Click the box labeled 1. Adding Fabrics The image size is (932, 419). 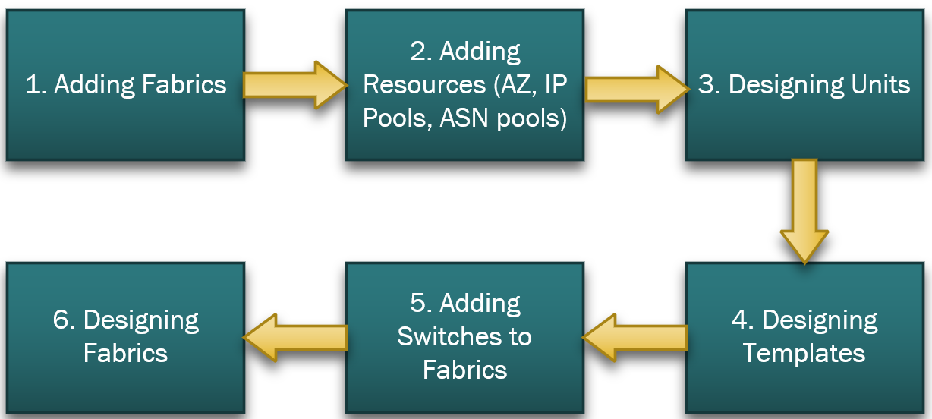tap(125, 85)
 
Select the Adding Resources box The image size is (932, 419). tap(464, 85)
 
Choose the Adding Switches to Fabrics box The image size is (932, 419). tap(464, 337)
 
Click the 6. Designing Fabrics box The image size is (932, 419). tap(125, 337)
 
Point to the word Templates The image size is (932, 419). tap(804, 354)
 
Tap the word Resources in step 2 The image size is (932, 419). tap(422, 85)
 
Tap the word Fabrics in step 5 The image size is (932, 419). tap(464, 370)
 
